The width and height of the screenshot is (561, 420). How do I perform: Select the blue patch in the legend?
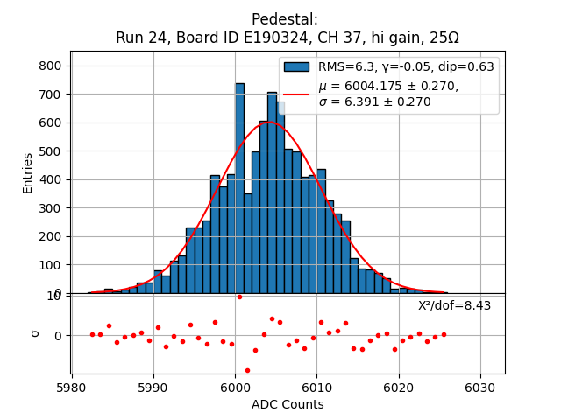click(x=296, y=66)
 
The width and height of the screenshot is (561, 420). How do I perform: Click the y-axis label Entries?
click(x=28, y=172)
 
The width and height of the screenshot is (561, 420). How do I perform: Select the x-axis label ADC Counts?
click(x=288, y=404)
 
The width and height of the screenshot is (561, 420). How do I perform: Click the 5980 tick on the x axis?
click(x=71, y=386)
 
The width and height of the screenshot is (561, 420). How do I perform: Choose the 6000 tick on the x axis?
click(x=235, y=386)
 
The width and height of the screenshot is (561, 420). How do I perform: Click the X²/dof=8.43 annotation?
click(x=454, y=305)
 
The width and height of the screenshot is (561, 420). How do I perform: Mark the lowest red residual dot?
click(x=247, y=370)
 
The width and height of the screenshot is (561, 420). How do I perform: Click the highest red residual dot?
click(x=239, y=297)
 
